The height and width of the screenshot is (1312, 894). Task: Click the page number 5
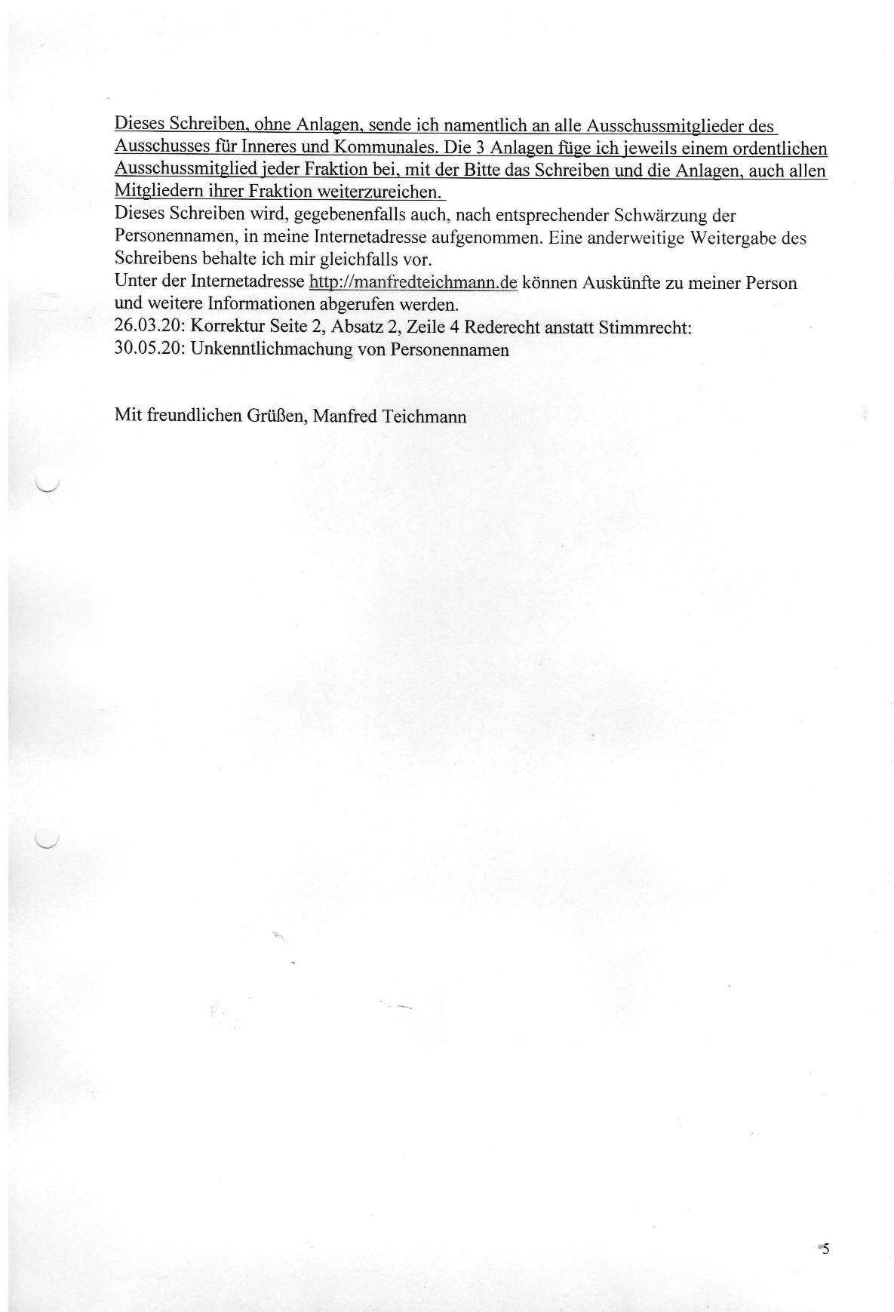825,1248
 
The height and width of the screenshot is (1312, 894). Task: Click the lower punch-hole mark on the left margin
47,840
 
